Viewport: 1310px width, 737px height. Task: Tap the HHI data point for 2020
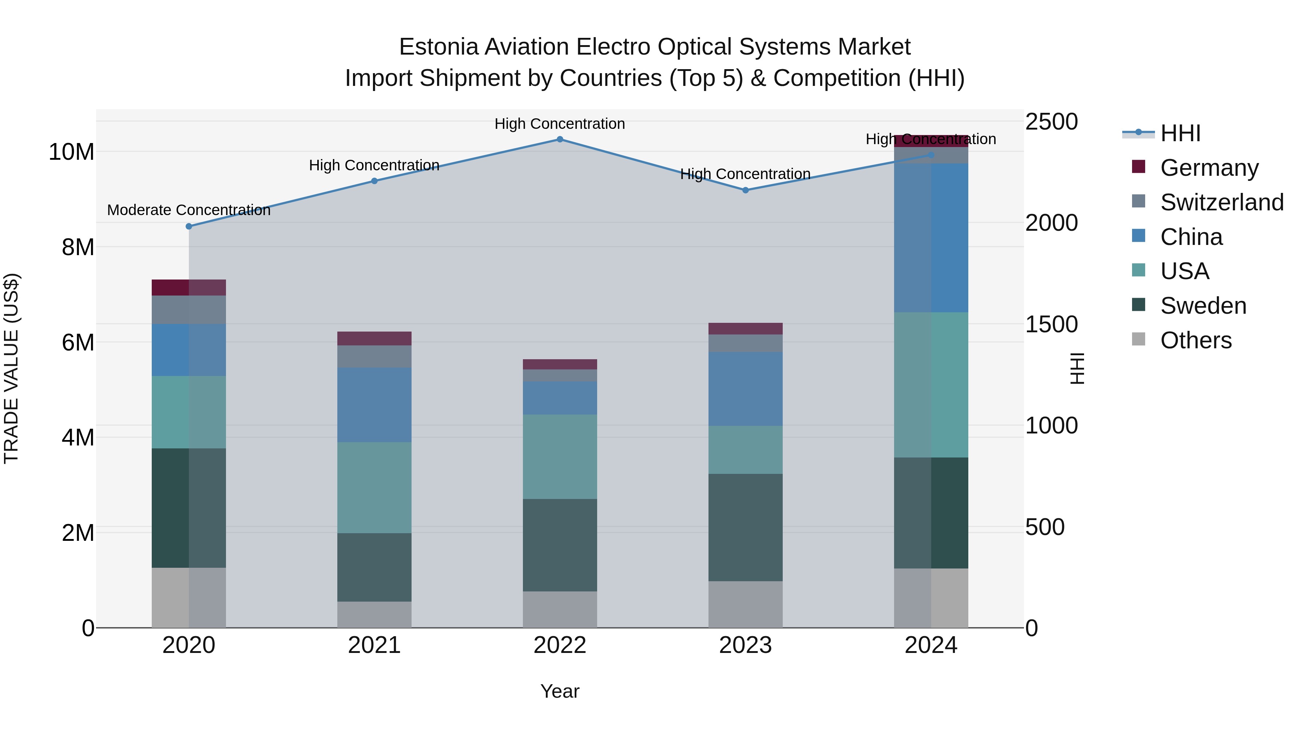188,226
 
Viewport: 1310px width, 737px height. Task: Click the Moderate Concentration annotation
188,210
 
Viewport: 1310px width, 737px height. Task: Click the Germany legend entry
1209,168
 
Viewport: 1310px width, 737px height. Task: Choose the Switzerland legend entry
1221,202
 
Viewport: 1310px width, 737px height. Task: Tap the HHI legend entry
1180,133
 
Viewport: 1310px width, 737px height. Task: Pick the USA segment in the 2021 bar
374,488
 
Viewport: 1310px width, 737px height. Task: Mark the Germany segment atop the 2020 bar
188,288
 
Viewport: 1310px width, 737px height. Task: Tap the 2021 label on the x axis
374,645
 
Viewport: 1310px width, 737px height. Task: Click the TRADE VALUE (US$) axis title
11,368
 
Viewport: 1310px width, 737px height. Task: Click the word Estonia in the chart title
438,47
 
